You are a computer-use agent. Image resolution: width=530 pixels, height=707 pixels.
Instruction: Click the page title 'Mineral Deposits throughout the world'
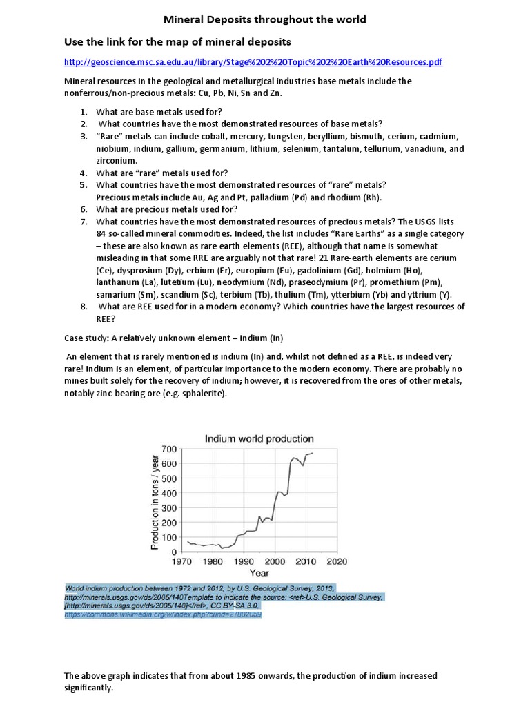coord(264,19)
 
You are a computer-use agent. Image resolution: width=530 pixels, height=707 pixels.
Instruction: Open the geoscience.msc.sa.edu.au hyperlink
coord(253,62)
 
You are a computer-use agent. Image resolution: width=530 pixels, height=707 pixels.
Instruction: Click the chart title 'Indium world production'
coord(258,438)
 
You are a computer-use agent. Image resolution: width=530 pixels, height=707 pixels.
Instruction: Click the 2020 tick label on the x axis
coord(336,561)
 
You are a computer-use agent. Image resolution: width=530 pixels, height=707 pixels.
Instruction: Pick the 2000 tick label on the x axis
coord(275,561)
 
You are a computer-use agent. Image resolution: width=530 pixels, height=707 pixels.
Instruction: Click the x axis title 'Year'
coord(259,573)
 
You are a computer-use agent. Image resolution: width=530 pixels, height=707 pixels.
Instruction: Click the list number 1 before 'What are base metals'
coord(83,112)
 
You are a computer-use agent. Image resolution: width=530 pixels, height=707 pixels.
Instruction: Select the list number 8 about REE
coord(83,306)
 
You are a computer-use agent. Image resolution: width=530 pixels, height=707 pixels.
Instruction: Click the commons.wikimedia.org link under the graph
coord(163,614)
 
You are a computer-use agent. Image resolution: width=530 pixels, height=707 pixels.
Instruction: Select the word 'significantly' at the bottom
coord(88,688)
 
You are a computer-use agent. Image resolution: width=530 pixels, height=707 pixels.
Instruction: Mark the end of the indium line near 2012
coord(312,453)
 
